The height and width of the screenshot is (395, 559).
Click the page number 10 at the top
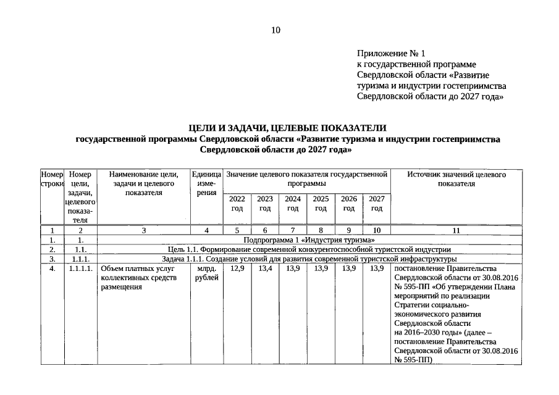click(275, 30)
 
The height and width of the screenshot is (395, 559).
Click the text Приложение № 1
click(391, 54)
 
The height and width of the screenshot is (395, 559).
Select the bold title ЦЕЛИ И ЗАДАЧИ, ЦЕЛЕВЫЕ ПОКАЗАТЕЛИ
click(287, 128)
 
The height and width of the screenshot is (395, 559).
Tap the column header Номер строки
click(53, 180)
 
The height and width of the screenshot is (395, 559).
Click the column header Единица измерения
click(206, 184)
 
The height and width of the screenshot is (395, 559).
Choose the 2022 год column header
click(237, 204)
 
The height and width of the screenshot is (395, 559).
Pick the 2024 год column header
click(292, 204)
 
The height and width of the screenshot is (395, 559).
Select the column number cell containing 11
click(456, 230)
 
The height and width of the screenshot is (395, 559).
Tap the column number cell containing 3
click(143, 230)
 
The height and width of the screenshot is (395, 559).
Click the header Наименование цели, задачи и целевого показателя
click(143, 184)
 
